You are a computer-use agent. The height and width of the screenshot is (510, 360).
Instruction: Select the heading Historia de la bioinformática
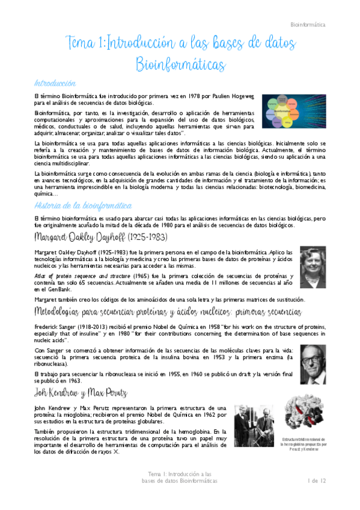[78, 206]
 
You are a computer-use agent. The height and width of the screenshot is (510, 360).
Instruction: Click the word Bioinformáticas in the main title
[180, 64]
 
